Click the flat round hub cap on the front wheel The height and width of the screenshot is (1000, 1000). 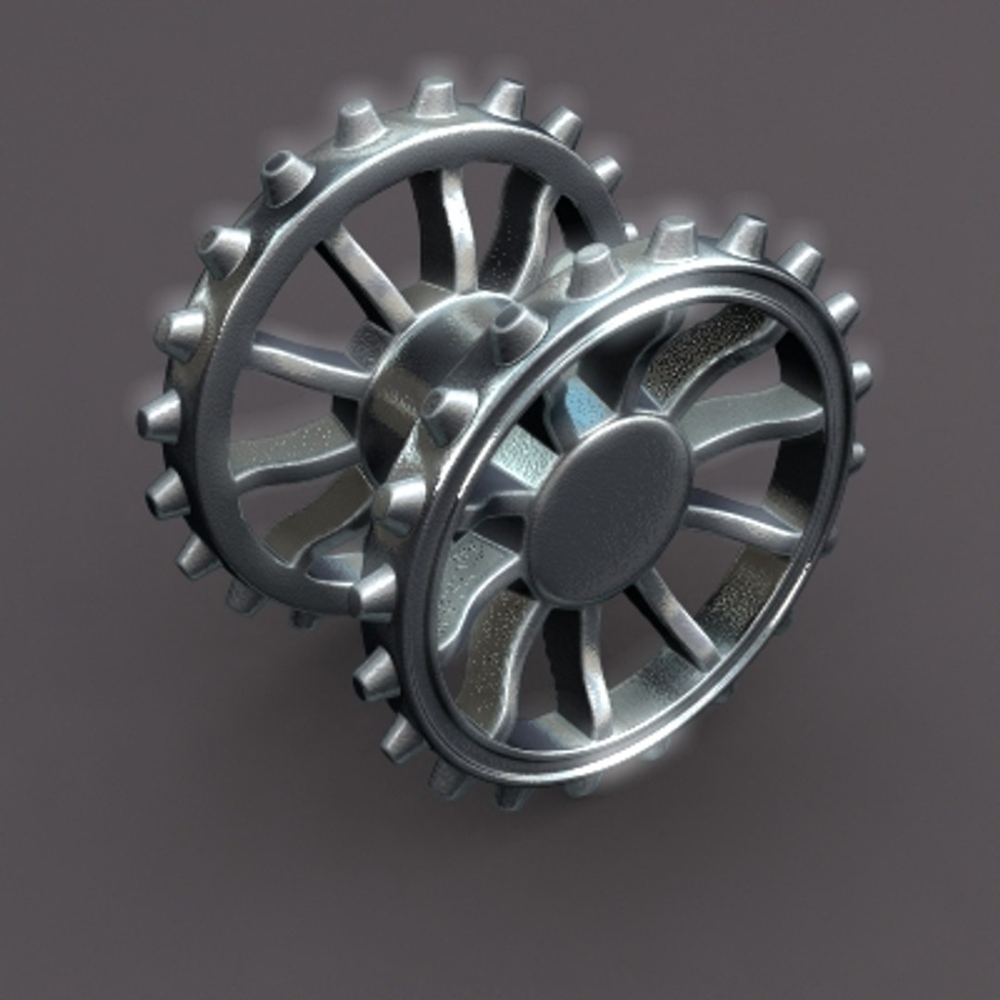coord(606,509)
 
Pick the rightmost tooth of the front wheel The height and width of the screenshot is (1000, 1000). coord(860,377)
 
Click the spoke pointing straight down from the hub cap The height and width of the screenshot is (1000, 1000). coord(593,667)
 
